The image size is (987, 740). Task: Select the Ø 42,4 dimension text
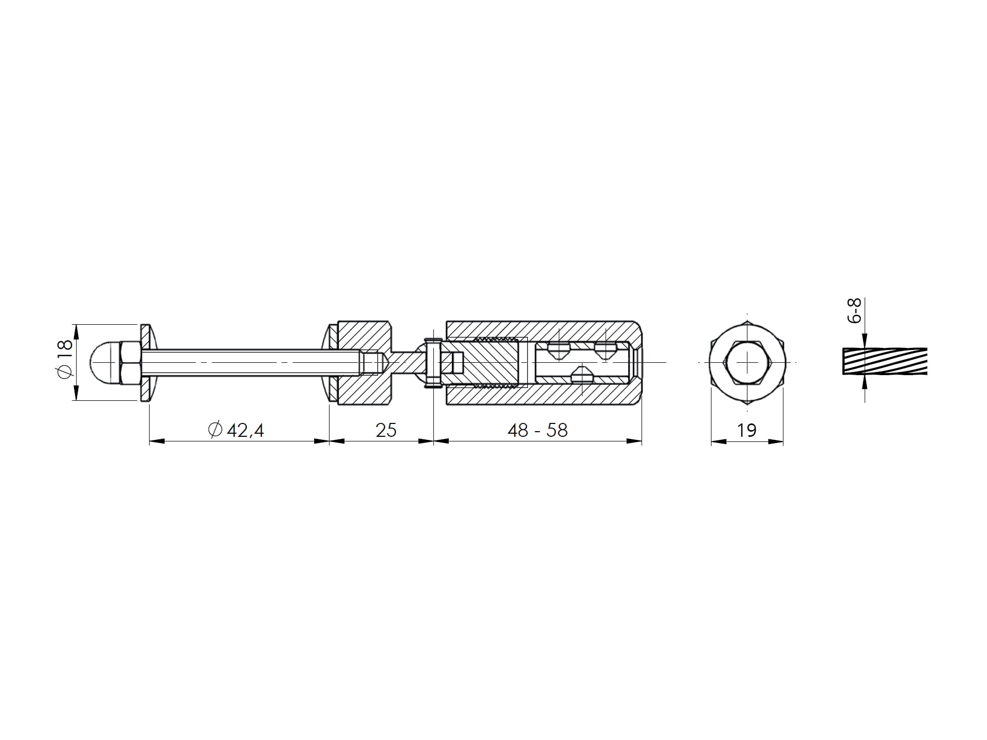tap(236, 430)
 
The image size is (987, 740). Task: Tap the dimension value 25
tap(386, 430)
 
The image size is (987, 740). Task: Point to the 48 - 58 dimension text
tap(537, 430)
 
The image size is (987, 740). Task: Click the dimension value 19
tap(746, 430)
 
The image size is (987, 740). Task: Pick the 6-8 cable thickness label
tap(855, 310)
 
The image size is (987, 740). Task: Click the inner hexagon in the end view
tap(747, 362)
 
